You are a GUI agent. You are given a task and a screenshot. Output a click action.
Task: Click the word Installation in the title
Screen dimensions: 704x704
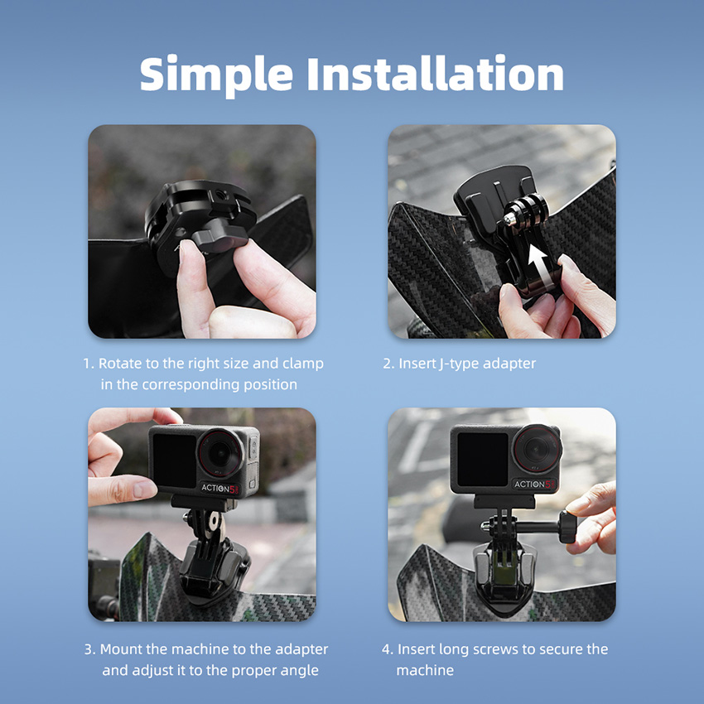point(435,73)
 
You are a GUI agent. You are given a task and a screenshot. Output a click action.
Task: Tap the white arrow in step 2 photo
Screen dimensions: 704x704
point(539,264)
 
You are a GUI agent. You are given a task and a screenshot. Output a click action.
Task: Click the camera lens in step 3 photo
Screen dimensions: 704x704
point(220,454)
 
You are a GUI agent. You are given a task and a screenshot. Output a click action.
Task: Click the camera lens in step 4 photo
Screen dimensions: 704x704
point(537,449)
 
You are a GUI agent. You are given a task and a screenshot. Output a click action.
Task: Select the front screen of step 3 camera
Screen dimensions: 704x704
point(175,460)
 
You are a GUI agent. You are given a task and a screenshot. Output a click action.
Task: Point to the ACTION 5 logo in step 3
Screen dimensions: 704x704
point(220,488)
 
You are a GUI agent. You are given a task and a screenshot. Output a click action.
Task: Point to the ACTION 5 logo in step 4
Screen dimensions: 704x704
point(534,484)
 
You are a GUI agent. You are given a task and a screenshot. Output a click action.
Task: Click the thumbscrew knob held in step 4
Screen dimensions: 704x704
point(567,527)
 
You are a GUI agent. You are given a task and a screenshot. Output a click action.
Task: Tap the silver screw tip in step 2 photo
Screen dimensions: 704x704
point(509,219)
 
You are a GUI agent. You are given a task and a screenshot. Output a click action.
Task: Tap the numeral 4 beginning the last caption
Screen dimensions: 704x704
point(386,649)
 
